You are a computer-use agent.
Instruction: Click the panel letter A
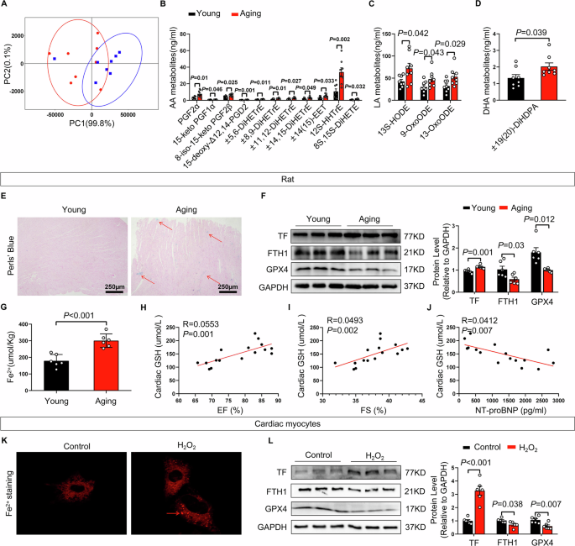(6, 6)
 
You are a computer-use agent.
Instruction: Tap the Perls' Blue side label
(9, 229)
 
